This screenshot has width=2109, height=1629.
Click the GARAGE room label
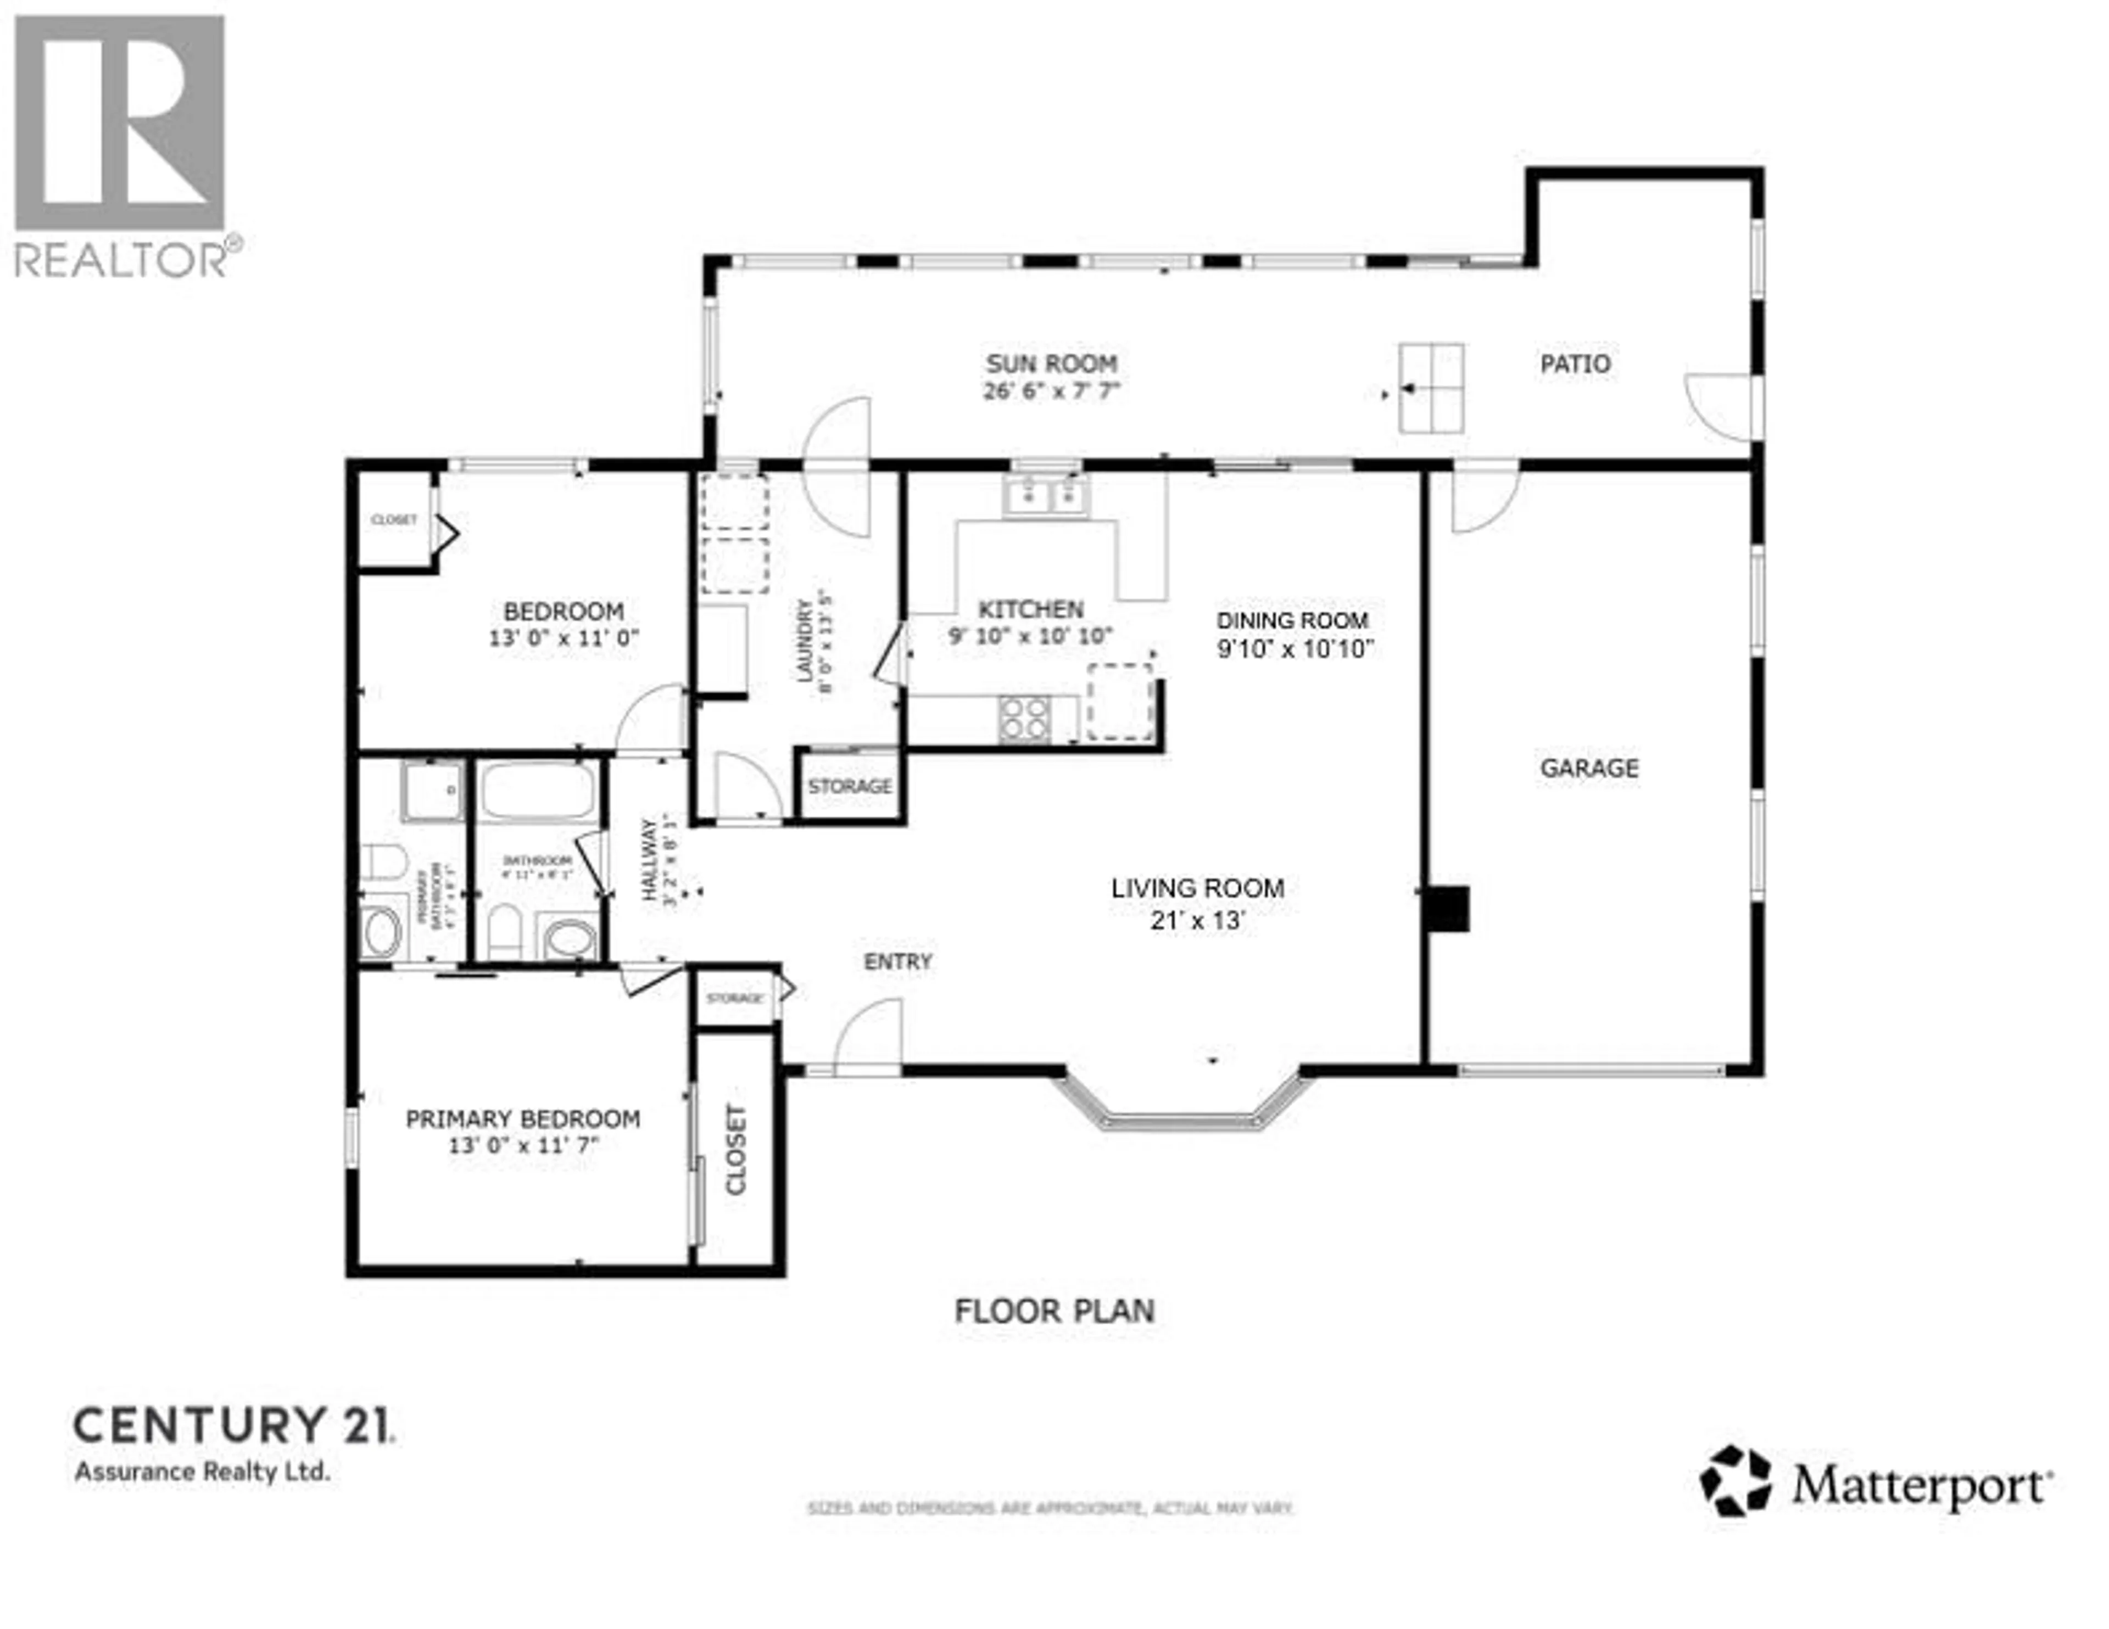(x=1588, y=769)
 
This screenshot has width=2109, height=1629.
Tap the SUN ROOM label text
(x=1052, y=364)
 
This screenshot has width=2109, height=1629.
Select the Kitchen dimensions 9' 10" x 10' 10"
(x=1030, y=636)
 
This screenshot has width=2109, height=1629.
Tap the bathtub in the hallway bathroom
(x=538, y=792)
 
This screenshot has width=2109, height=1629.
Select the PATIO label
(x=1575, y=364)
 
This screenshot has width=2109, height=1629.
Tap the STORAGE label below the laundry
(x=850, y=787)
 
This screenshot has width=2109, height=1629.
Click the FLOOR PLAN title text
(x=1053, y=1311)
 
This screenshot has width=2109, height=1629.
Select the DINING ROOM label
(x=1292, y=621)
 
